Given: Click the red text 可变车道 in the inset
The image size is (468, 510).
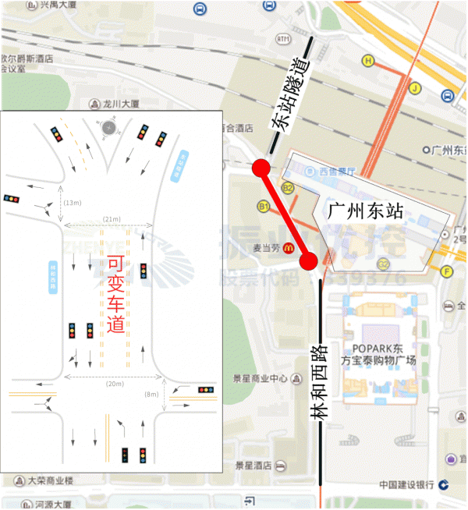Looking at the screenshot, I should (115, 295).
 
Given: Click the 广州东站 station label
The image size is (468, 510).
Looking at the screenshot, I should (364, 211).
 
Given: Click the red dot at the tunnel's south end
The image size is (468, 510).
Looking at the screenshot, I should (261, 168).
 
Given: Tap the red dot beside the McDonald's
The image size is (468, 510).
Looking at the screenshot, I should (309, 260).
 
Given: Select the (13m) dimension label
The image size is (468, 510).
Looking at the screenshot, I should (73, 203).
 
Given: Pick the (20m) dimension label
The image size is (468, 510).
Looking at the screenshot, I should (114, 384).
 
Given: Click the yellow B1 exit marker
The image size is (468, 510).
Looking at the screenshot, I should (264, 206).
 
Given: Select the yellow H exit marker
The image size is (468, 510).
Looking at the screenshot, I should (367, 60).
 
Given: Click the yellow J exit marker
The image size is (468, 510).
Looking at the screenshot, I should (416, 88).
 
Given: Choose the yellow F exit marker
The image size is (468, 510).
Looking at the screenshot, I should (447, 271).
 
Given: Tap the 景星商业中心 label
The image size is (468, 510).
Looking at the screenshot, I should (261, 379).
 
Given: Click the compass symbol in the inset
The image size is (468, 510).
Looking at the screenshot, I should (109, 127).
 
